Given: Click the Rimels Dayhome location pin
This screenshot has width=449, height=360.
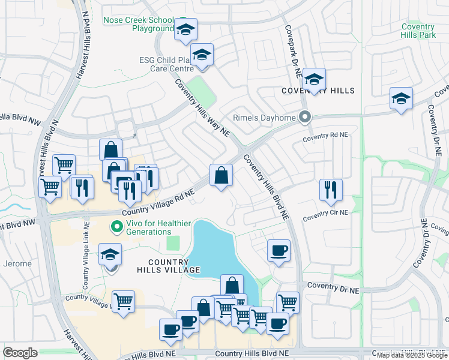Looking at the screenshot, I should point(306,117).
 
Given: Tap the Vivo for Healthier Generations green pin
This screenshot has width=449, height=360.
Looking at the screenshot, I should point(115,227).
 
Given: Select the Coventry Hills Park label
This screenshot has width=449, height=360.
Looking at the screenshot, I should point(418,31).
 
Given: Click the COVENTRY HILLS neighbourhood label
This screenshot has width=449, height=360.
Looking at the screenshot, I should point(318,91).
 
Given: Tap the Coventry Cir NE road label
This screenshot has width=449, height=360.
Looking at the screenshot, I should point(325,213).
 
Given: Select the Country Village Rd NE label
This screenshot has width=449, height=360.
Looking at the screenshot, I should point(159,203).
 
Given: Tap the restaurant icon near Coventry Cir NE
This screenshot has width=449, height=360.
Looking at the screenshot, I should point(330,190).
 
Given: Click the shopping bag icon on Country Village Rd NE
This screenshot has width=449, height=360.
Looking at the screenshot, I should point(221,175).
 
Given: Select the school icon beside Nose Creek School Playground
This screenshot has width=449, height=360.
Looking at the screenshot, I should point(185,29).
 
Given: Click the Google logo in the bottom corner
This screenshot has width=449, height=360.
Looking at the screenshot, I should point(20,353).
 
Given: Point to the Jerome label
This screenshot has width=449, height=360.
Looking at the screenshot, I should point(14,263).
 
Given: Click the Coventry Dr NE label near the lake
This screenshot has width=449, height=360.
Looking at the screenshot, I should point(333,290).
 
